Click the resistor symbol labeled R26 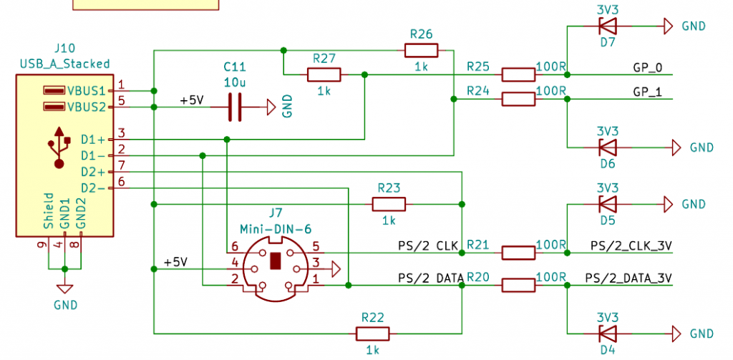click(x=421, y=50)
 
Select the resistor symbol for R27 click(x=324, y=74)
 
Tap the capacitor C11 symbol click(x=234, y=107)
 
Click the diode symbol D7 click(x=607, y=26)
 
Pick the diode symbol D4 click(x=607, y=334)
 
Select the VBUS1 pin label click(x=86, y=91)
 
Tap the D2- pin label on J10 click(x=92, y=188)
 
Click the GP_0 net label click(x=648, y=69)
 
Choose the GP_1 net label click(x=648, y=93)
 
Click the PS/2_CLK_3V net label click(x=631, y=246)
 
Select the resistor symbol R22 click(x=372, y=334)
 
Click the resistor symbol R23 click(x=389, y=205)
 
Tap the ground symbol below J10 click(x=65, y=288)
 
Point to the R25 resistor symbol click(x=518, y=74)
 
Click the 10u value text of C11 click(x=235, y=82)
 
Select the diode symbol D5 click(x=607, y=205)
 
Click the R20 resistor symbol click(x=518, y=286)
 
